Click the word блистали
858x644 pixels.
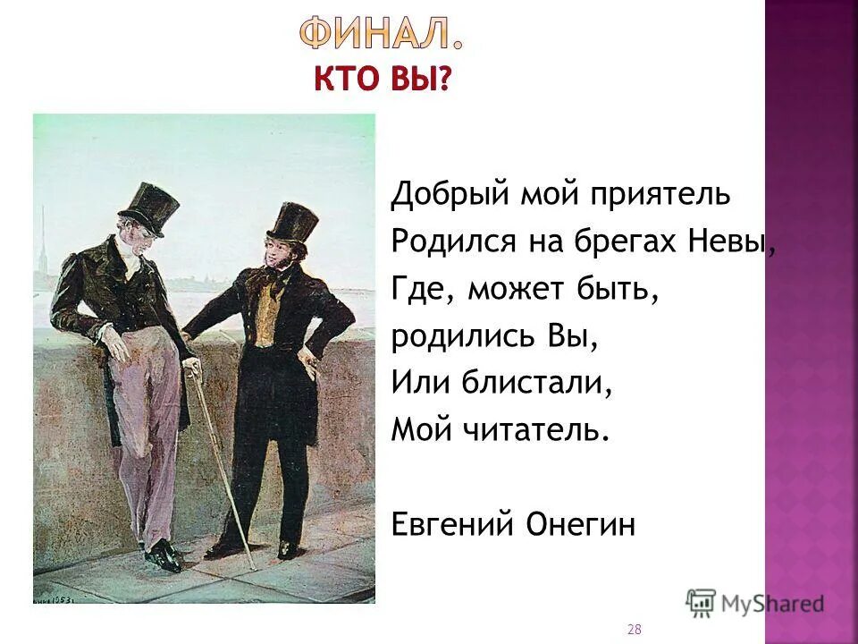click(536, 384)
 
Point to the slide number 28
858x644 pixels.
click(634, 630)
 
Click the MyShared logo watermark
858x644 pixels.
click(755, 603)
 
